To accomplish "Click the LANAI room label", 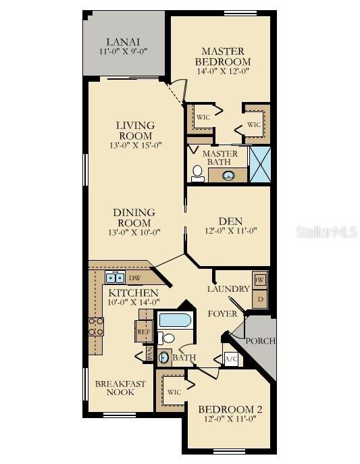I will (124, 41).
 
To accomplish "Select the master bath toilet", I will (197, 174).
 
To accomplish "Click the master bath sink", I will (228, 176).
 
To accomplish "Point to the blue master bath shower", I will (259, 164).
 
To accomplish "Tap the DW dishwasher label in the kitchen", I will (134, 278).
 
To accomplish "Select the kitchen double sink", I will (113, 277).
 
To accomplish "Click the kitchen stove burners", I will (96, 328).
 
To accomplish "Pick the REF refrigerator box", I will (143, 332).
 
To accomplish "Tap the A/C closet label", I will (230, 359).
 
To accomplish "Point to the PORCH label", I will (260, 341).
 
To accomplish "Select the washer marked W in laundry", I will (260, 278).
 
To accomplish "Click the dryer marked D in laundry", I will (260, 297).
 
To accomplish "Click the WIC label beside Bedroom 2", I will (174, 392).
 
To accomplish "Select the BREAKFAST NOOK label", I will (120, 388).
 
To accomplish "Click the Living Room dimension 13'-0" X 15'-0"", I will (135, 145).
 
